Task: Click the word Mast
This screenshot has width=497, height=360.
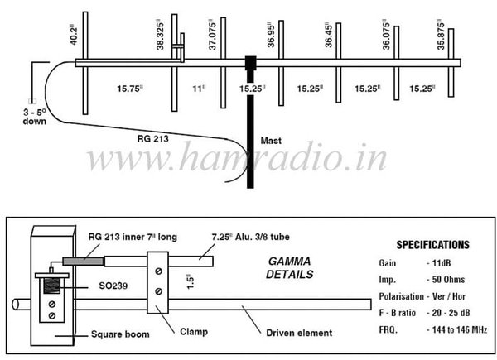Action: pos(271,140)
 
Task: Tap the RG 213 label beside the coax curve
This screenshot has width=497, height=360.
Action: pos(151,140)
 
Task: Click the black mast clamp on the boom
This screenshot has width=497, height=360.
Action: pos(249,64)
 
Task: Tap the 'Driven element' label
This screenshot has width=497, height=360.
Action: pos(300,333)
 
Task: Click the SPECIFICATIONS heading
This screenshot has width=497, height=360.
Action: pos(432,245)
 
